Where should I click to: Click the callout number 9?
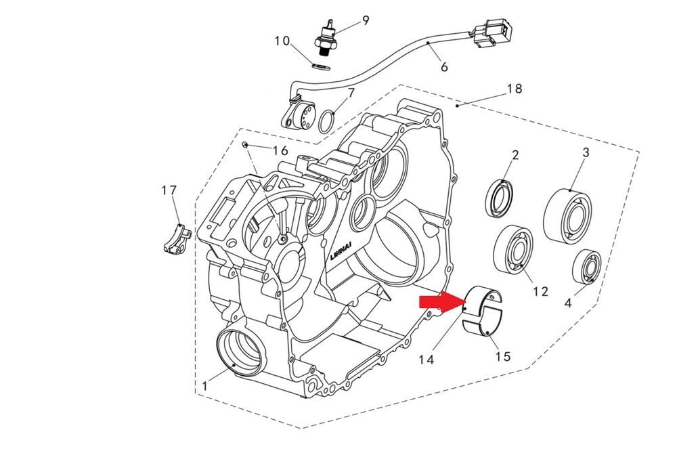[366, 20]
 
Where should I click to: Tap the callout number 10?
[282, 41]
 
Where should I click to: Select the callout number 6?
[444, 67]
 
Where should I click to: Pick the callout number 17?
[169, 191]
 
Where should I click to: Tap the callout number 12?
[540, 291]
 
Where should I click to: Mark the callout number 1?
[204, 385]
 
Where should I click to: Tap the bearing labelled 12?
[515, 250]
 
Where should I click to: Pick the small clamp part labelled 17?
[177, 238]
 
